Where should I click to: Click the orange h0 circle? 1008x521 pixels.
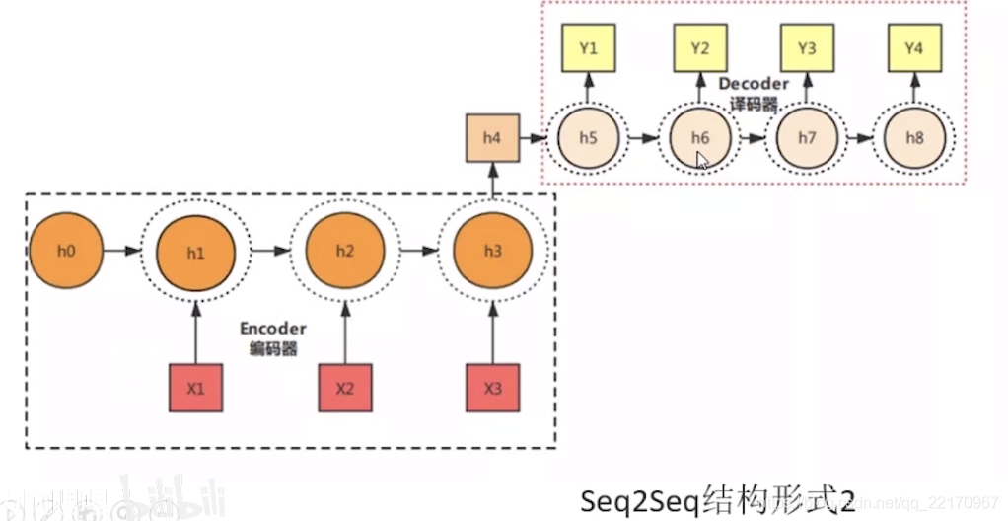point(66,251)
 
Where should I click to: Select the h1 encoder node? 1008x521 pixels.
point(195,252)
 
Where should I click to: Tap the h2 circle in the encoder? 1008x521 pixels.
point(344,251)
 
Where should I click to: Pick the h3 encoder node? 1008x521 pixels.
point(492,251)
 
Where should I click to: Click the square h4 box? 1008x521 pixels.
point(492,138)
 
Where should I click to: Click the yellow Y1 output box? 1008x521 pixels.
point(588,47)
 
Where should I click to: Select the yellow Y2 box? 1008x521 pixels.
point(699,47)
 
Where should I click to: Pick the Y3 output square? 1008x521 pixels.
point(807,47)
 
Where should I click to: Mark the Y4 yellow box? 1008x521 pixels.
point(914,47)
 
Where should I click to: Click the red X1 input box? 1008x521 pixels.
point(195,388)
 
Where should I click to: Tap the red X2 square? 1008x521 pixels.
point(344,388)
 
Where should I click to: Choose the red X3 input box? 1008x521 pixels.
point(492,388)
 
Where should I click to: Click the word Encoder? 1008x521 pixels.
point(272,329)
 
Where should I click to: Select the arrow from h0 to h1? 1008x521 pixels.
point(120,251)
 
